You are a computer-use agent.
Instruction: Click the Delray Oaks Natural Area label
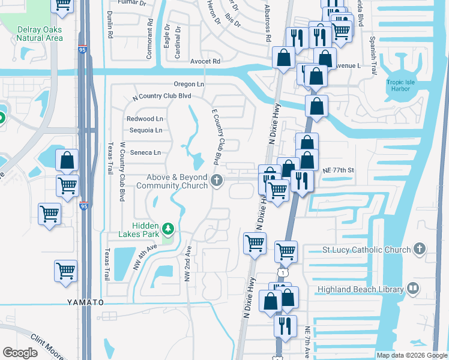pyautogui.click(x=40, y=34)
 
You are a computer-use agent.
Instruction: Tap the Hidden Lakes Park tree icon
pyautogui.click(x=169, y=228)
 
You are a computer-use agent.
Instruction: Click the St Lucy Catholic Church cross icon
pyautogui.click(x=420, y=249)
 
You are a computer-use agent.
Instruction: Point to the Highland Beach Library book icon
pyautogui.click(x=412, y=289)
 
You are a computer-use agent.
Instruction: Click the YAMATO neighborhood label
pyautogui.click(x=85, y=302)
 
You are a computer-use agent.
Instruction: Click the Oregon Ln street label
pyautogui.click(x=189, y=85)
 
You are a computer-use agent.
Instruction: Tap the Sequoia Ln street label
pyautogui.click(x=146, y=130)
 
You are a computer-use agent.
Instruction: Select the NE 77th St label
pyautogui.click(x=339, y=170)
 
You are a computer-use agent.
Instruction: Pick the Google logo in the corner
pyautogui.click(x=20, y=353)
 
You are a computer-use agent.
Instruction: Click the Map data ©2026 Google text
pyautogui.click(x=411, y=355)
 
